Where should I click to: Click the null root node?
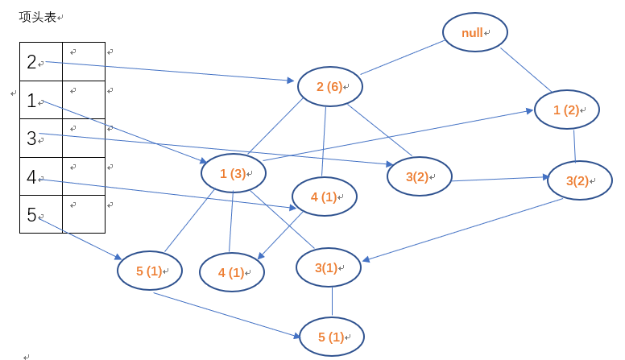click(474, 33)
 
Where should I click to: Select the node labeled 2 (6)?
click(330, 87)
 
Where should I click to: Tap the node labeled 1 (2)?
click(566, 110)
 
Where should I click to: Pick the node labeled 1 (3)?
click(233, 173)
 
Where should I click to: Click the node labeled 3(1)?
click(329, 267)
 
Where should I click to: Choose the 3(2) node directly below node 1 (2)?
click(580, 180)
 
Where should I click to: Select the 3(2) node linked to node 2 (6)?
click(419, 176)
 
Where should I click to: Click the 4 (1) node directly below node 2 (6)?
click(323, 197)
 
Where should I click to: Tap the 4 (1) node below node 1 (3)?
click(232, 272)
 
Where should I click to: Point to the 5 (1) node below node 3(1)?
click(332, 337)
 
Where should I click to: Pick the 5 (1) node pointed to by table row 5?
click(150, 271)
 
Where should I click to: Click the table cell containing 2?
click(41, 62)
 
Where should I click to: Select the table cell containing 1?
click(41, 100)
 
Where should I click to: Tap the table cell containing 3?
click(41, 138)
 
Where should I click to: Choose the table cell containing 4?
click(41, 176)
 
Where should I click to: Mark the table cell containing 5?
click(41, 214)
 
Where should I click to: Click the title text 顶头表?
click(38, 17)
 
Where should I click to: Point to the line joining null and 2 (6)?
click(403, 56)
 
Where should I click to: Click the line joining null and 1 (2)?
click(526, 71)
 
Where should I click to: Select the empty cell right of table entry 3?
click(84, 138)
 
